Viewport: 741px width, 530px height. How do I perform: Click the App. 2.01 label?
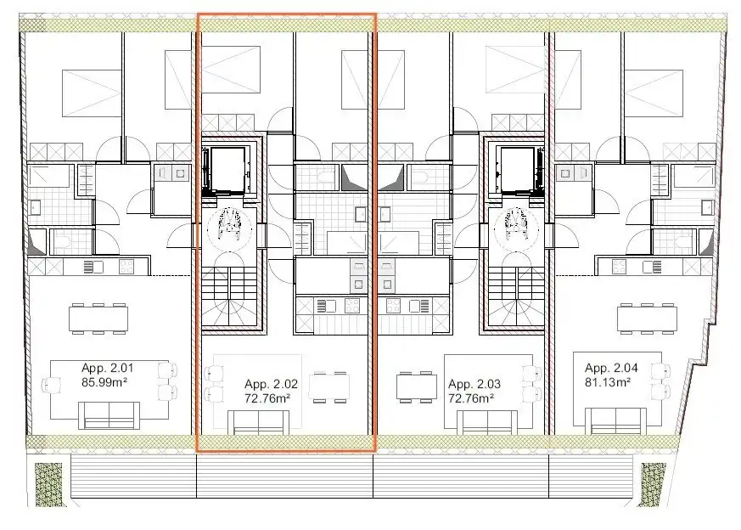108,368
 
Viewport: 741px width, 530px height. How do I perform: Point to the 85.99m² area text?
108,382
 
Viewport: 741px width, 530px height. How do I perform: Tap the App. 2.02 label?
271,384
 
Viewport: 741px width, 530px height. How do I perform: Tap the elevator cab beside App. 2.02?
227,172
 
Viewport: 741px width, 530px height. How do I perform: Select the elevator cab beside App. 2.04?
515,172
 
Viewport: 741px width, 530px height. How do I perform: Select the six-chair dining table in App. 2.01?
98,319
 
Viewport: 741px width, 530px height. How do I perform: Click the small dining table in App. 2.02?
329,386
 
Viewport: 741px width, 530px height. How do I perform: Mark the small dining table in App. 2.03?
417,386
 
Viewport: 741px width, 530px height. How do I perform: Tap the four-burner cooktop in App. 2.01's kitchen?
125,267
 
